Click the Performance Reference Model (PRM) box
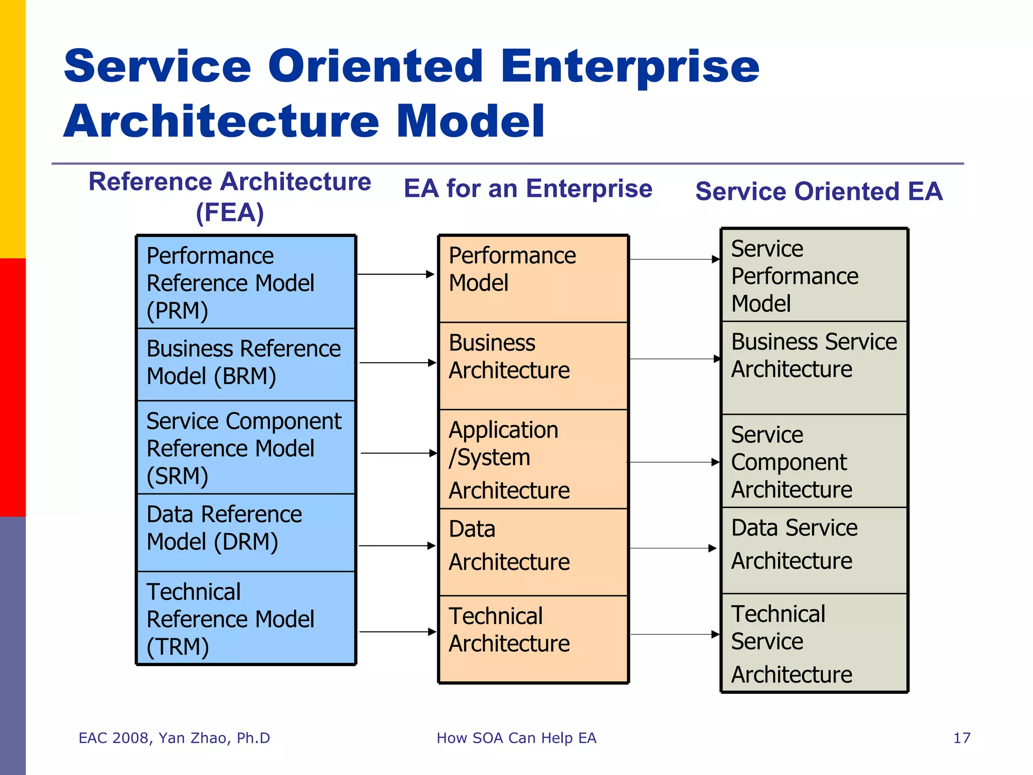click(246, 283)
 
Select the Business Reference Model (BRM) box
click(246, 363)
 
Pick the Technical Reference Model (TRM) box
click(246, 618)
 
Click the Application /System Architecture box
click(533, 459)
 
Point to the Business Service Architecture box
click(814, 367)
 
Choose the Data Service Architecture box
click(814, 550)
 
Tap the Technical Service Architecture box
click(814, 643)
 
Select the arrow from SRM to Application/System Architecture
click(398, 453)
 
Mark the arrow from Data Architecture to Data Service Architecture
click(673, 548)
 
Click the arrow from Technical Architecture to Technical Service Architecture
click(675, 634)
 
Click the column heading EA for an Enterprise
click(528, 189)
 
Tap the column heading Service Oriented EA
click(819, 192)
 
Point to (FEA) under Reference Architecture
click(230, 212)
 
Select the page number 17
click(961, 738)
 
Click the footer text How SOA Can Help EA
click(516, 738)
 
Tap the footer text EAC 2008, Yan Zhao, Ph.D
click(175, 738)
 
